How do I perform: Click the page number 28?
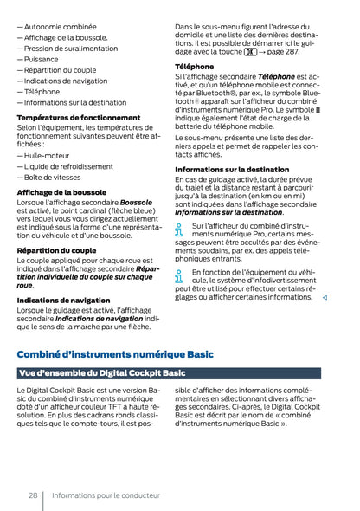31,495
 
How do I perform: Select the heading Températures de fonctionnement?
78,117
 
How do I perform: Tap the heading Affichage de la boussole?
61,191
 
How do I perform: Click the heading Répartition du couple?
56,250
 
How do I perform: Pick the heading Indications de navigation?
63,300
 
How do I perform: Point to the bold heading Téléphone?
194,67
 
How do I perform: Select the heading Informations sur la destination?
232,169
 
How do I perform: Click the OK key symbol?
250,51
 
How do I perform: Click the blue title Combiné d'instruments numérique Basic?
115,353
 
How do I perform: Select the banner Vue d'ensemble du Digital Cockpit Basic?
102,373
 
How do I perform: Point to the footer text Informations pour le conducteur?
106,495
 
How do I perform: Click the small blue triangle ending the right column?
324,297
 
